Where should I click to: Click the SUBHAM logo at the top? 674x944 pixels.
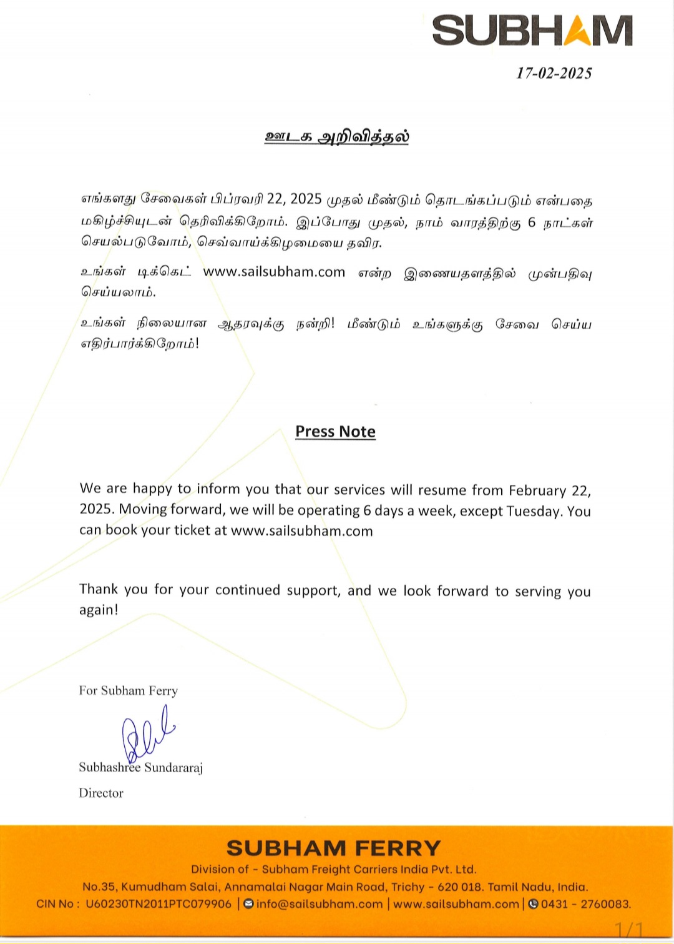(x=532, y=31)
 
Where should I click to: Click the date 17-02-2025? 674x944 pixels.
(x=554, y=73)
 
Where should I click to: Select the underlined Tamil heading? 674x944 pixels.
(x=336, y=137)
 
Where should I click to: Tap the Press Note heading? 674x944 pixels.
(x=335, y=432)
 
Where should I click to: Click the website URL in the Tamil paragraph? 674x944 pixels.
(x=274, y=272)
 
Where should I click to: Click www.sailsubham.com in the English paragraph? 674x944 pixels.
(x=301, y=531)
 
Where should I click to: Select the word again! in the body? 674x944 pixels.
(x=99, y=610)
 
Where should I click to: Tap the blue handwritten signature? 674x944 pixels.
(x=147, y=734)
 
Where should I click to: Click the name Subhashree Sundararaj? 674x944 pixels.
(x=141, y=767)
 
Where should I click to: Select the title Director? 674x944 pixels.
(x=101, y=793)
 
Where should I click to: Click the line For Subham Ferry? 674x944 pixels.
(x=129, y=690)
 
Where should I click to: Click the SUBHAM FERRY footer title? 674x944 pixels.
(x=333, y=848)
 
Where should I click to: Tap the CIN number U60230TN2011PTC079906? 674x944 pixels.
(x=159, y=904)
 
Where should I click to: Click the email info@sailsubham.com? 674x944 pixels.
(x=319, y=904)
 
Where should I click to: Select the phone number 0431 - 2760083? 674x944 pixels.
(x=585, y=904)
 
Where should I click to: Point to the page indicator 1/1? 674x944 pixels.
(x=628, y=930)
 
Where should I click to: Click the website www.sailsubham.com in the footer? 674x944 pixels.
(x=456, y=904)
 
